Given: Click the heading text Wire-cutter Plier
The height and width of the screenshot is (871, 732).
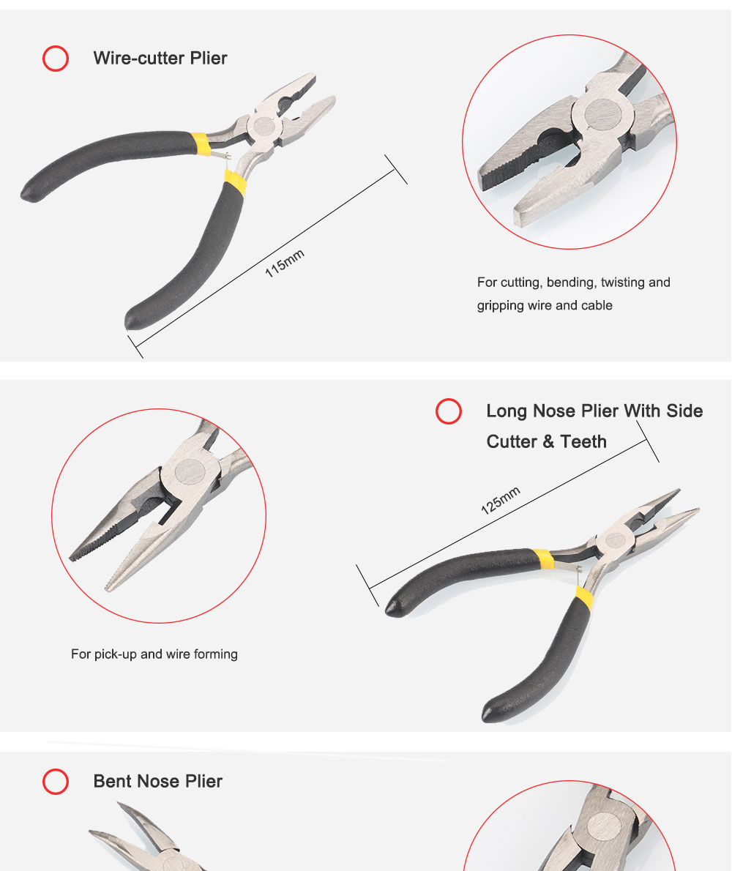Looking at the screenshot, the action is [x=160, y=59].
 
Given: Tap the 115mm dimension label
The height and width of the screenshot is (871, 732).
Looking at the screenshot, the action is [x=284, y=263].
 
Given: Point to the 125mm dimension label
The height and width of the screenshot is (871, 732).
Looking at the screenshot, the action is [x=501, y=500].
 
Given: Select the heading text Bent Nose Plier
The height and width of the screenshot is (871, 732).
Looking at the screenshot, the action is [x=157, y=781].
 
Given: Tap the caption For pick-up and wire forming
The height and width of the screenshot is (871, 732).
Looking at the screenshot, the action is [x=154, y=654].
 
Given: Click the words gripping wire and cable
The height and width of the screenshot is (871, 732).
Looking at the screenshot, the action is [x=545, y=305].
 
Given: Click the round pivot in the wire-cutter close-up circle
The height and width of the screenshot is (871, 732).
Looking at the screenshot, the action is [x=603, y=115].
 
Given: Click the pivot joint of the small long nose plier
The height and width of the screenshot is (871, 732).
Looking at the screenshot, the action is [x=615, y=540].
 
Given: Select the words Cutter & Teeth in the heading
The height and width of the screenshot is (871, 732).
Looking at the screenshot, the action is [x=547, y=441].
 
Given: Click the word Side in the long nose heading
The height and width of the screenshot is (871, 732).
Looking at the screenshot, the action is [x=685, y=411].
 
